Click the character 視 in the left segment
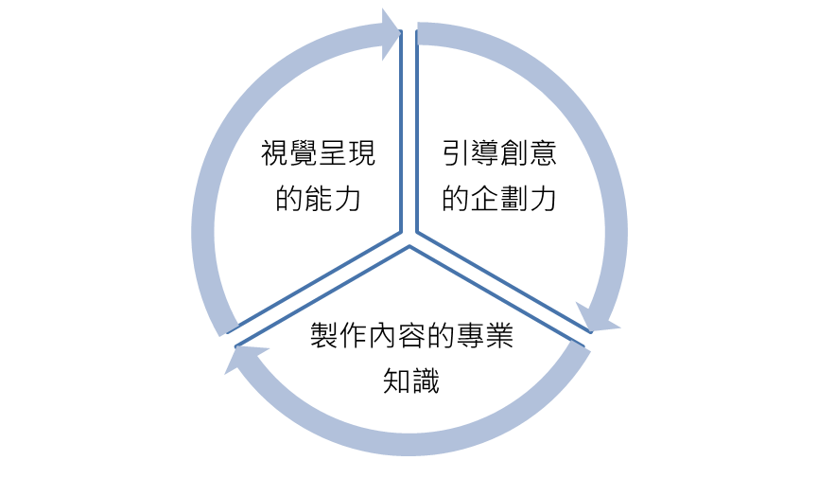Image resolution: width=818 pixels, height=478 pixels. pos(275,154)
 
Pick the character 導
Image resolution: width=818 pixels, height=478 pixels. pos(486,154)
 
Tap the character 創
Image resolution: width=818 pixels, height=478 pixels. pos(515,154)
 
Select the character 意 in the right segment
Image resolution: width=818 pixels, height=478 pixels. pos(544,154)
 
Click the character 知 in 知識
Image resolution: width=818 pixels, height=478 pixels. pos(397,381)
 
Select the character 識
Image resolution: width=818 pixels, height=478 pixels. pos(426,381)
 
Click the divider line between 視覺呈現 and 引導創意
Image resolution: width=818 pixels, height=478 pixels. pos(409,133)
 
